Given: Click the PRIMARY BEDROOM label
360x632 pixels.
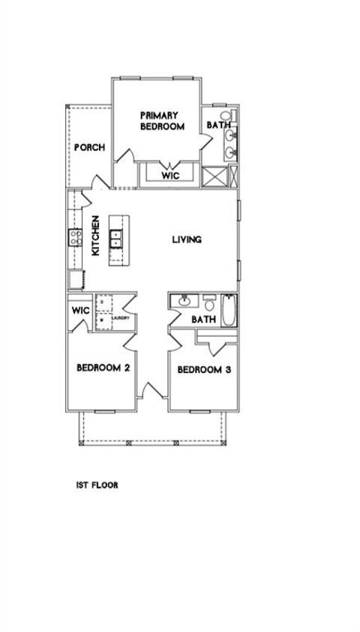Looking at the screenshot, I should pyautogui.click(x=161, y=121).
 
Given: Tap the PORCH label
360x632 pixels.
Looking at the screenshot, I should pyautogui.click(x=88, y=147).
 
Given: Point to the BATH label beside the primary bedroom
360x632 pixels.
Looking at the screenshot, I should pyautogui.click(x=217, y=125).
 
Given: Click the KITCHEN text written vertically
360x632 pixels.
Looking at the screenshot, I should pyautogui.click(x=96, y=236).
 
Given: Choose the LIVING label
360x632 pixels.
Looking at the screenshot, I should pyautogui.click(x=187, y=240).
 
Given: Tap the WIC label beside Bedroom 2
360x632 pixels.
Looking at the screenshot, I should pyautogui.click(x=79, y=311).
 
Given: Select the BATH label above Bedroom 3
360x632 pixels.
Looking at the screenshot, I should pyautogui.click(x=203, y=319).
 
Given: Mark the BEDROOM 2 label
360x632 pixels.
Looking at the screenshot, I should pyautogui.click(x=104, y=368).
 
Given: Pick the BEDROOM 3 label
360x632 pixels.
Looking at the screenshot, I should pyautogui.click(x=203, y=369).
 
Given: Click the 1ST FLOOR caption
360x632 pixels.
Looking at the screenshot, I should pyautogui.click(x=97, y=485).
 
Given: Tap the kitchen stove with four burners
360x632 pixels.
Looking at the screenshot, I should pyautogui.click(x=76, y=238).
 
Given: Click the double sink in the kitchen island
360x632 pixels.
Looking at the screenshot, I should pyautogui.click(x=117, y=239).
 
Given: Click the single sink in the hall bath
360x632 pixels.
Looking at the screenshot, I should pyautogui.click(x=183, y=302).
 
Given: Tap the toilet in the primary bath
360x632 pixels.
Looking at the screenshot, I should pyautogui.click(x=227, y=116).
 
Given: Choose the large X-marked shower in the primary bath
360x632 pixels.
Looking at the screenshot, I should pyautogui.click(x=214, y=177).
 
